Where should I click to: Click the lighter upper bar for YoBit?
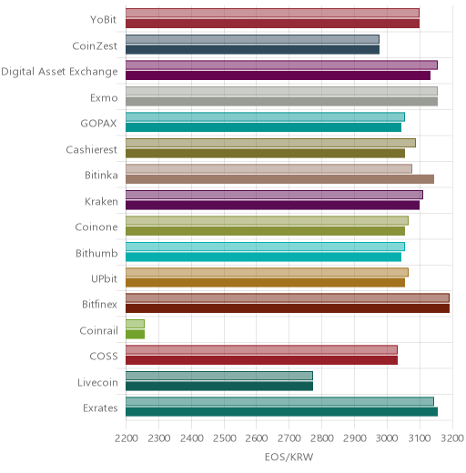pyautogui.click(x=272, y=13)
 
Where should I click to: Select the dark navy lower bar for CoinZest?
pyautogui.click(x=252, y=50)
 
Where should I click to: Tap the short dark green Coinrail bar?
pyautogui.click(x=135, y=335)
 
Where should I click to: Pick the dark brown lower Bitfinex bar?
pyautogui.click(x=288, y=308)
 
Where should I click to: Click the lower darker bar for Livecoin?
pyautogui.click(x=219, y=387)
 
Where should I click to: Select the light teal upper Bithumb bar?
pyautogui.click(x=265, y=247)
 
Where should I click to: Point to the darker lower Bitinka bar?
pyautogui.click(x=279, y=179)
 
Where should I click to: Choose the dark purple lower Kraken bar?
pyautogui.click(x=272, y=206)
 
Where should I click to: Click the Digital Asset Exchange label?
pyautogui.click(x=59, y=72)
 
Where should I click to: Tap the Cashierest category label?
pyautogui.click(x=92, y=149)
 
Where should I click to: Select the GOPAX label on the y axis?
pyautogui.click(x=98, y=124)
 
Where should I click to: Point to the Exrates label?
pyautogui.click(x=100, y=408)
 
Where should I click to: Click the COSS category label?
pyautogui.click(x=104, y=356)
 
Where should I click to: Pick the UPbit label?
pyautogui.click(x=104, y=278)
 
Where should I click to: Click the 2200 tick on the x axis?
pyautogui.click(x=127, y=438)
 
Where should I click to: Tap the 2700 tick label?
pyautogui.click(x=289, y=438)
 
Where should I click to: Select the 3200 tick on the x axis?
pyautogui.click(x=452, y=438)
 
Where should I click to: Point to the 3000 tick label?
pyautogui.click(x=387, y=438)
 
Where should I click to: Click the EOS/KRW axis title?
pyautogui.click(x=289, y=457)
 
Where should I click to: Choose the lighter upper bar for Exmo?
pyautogui.click(x=281, y=91)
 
